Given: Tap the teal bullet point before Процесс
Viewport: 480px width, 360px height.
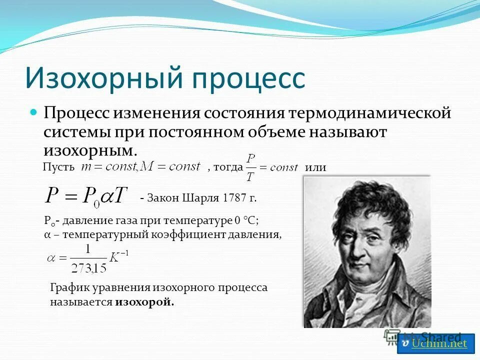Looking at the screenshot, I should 34,111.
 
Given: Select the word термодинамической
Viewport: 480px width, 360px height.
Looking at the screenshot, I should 369,112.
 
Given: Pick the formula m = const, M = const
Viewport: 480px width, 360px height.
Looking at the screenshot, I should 140,166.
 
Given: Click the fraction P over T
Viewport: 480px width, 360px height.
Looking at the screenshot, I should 251,167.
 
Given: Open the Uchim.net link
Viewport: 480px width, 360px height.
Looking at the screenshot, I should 438,343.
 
